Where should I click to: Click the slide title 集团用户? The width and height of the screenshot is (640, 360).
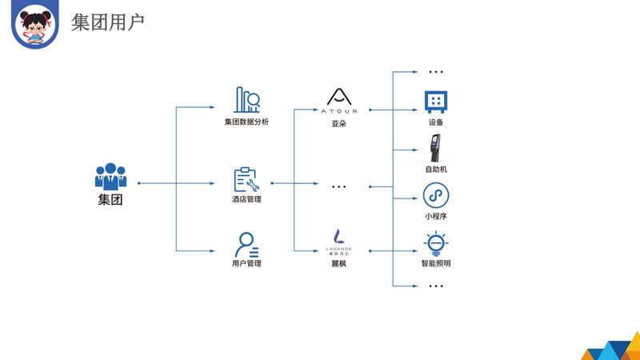tap(107, 22)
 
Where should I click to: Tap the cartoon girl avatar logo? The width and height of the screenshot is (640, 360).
tap(35, 24)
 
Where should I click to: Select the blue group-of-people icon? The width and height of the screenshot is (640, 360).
tap(110, 176)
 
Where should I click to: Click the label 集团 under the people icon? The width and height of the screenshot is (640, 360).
tap(110, 200)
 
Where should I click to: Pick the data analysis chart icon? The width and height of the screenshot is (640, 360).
tap(246, 100)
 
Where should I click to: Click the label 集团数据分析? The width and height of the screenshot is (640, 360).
tap(246, 122)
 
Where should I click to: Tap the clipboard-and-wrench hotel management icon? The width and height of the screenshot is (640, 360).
tap(246, 179)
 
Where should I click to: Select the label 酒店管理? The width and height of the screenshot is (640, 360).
tap(246, 199)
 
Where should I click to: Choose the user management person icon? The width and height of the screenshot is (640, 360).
tap(246, 243)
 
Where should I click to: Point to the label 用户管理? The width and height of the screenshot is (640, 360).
tap(246, 263)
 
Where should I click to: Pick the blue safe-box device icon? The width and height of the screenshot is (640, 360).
tap(436, 101)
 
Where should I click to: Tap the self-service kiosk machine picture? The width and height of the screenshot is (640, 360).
tap(436, 149)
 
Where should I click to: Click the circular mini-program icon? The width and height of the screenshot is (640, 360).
tap(436, 195)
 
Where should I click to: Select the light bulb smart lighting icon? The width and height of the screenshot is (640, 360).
tap(436, 242)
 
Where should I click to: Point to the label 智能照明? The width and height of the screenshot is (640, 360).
tap(436, 263)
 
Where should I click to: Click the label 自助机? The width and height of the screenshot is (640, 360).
tap(436, 170)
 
